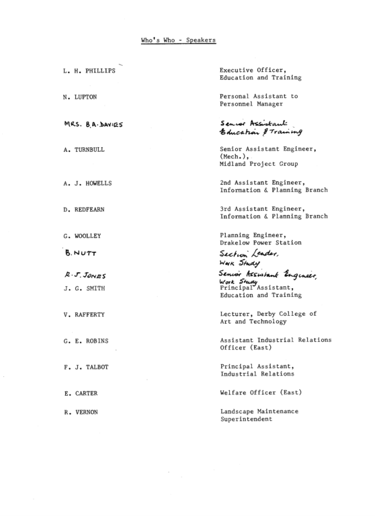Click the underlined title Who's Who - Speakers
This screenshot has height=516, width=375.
click(178, 40)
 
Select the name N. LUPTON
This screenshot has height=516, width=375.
click(80, 97)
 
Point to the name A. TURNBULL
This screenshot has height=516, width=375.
click(84, 150)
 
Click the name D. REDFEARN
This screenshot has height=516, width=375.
click(85, 209)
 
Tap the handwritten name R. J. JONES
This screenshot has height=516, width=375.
click(85, 276)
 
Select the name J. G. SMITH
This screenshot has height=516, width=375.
click(85, 288)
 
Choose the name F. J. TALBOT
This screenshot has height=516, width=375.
click(86, 367)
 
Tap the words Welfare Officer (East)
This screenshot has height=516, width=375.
click(259, 393)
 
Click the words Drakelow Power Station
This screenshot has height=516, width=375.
click(261, 243)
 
